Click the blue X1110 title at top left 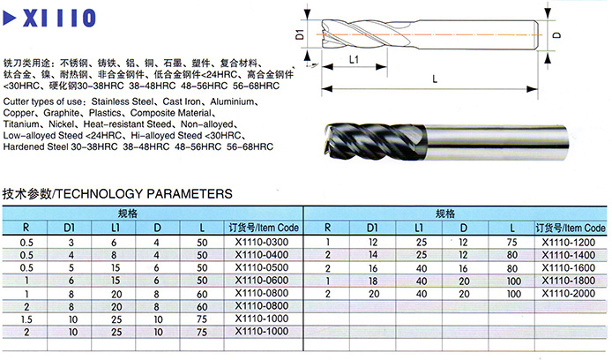[x=59, y=18]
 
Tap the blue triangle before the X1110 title [x=10, y=18]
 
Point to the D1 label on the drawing [x=300, y=34]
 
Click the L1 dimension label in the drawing [x=354, y=59]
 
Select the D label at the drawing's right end [x=557, y=34]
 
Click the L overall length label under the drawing [x=435, y=79]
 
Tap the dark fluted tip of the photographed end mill [x=376, y=141]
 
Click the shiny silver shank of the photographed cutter [x=496, y=142]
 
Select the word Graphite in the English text [x=61, y=113]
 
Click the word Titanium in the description [x=22, y=124]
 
